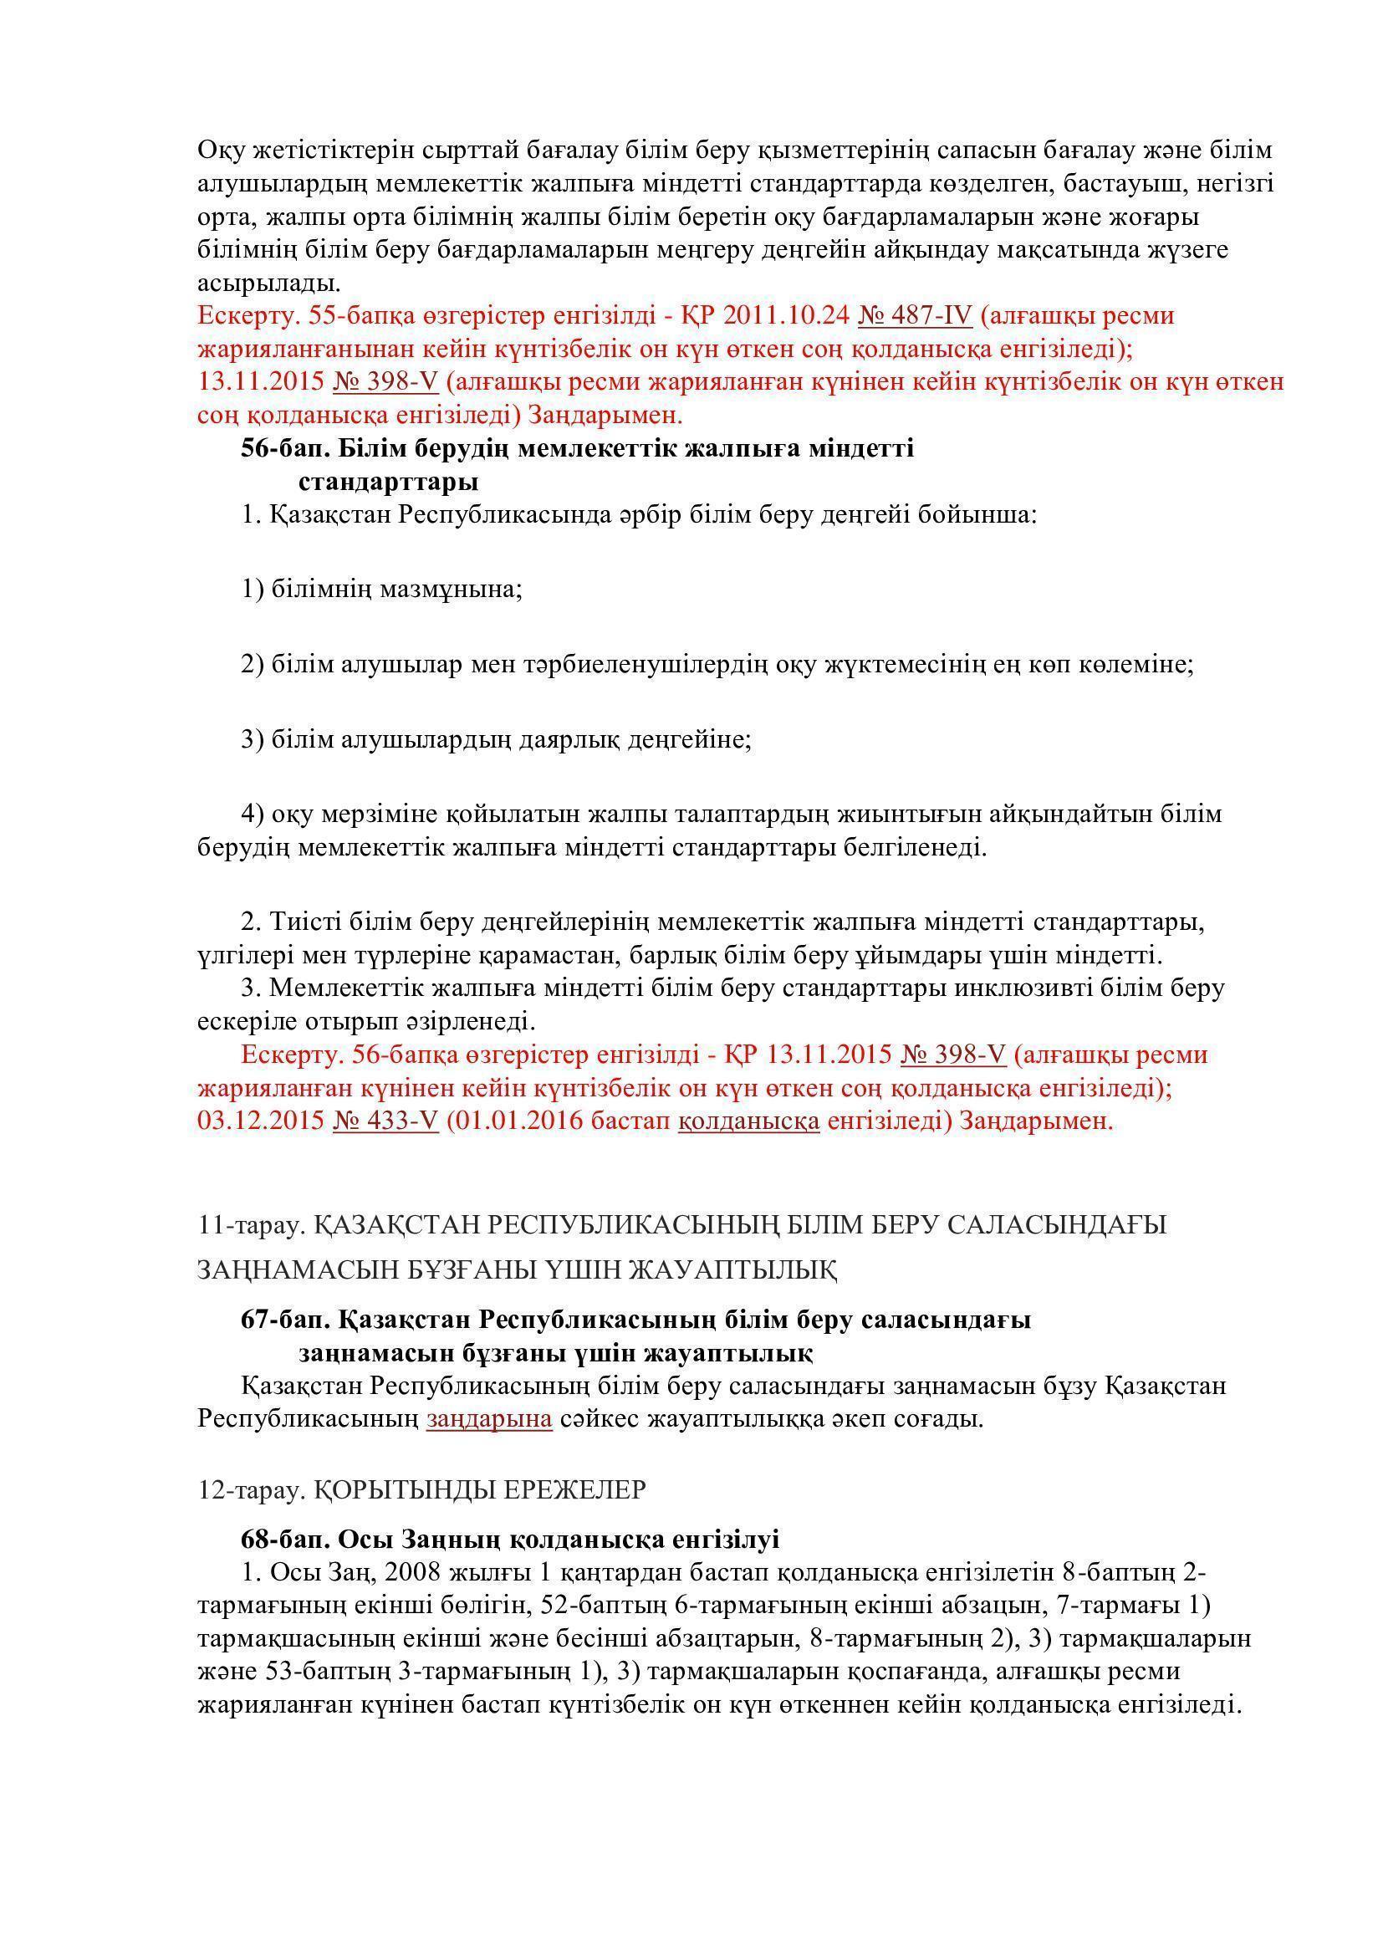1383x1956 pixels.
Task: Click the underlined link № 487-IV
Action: point(916,316)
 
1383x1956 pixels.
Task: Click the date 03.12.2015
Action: point(261,1121)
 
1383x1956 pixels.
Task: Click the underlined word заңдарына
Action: point(490,1419)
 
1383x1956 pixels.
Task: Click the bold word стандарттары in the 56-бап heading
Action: point(388,483)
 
